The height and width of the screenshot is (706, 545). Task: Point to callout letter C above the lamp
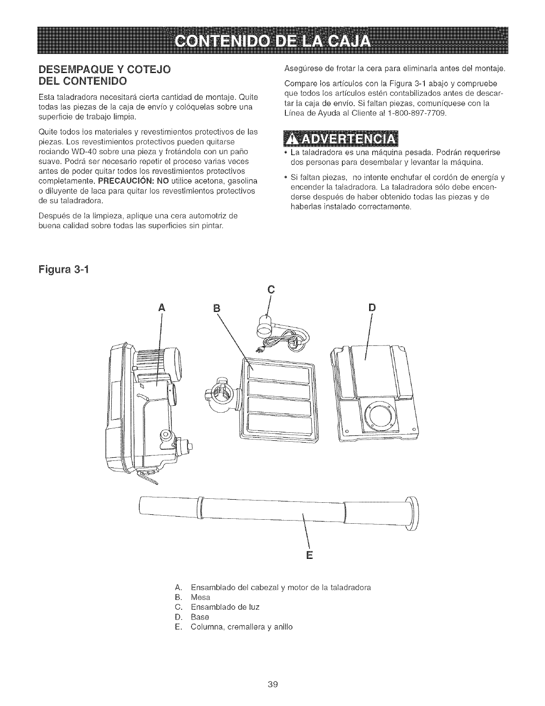coord(269,289)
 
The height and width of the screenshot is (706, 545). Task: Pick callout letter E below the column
coord(309,555)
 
